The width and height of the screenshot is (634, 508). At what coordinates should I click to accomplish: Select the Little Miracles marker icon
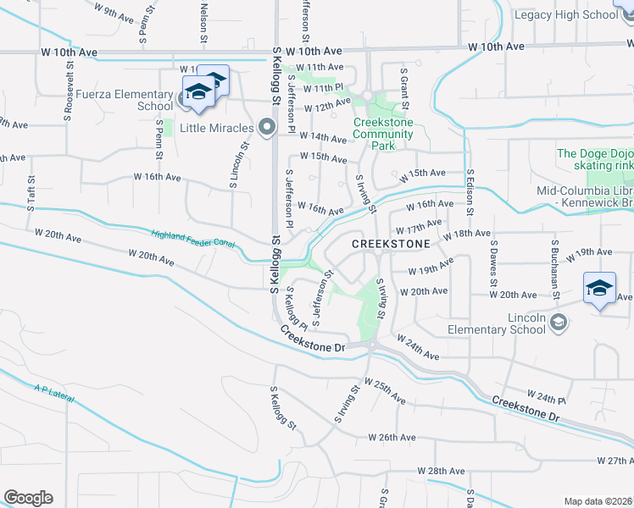click(267, 128)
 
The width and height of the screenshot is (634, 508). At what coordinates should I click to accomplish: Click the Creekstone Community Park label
click(383, 134)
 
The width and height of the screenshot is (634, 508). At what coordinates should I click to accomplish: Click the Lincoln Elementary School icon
click(559, 322)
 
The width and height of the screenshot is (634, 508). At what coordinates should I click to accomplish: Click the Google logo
click(28, 498)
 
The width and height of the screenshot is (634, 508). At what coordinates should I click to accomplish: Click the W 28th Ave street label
click(442, 471)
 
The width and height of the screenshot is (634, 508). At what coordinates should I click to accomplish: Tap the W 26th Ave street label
click(392, 438)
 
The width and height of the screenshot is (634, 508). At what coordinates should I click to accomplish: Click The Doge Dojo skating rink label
click(595, 159)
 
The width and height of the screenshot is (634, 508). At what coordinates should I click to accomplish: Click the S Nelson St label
click(204, 18)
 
